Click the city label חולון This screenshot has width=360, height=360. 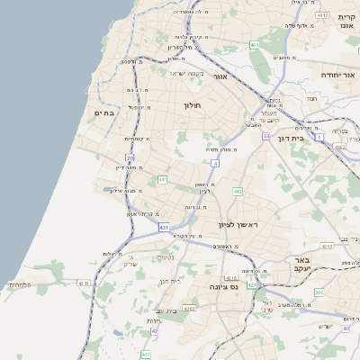tap(192, 106)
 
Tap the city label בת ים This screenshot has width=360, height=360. tap(104, 112)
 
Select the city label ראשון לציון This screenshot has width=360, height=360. tap(237, 226)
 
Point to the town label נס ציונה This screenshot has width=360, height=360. tap(222, 286)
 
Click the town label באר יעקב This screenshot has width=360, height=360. tap(301, 263)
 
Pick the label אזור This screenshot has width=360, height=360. tap(219, 77)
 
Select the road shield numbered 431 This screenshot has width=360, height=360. tap(164, 229)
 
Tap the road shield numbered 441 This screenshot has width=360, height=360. tap(163, 180)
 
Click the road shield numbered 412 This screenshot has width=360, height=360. tap(238, 192)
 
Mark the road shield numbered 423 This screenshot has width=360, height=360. tap(252, 284)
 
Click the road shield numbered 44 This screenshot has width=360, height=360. tap(266, 136)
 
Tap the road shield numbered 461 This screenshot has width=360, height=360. tap(255, 44)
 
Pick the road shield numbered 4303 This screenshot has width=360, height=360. tap(189, 308)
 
